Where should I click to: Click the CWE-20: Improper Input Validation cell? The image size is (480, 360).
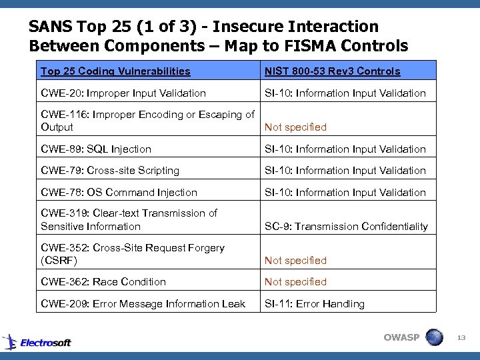[123, 93]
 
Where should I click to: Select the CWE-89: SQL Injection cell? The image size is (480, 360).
[96, 149]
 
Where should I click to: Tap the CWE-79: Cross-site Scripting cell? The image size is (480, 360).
[110, 171]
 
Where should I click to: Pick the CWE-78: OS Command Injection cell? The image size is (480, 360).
[119, 193]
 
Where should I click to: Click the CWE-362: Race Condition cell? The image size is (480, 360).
[103, 282]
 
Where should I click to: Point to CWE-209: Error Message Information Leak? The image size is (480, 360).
[143, 304]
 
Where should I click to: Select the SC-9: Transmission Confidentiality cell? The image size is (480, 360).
[346, 227]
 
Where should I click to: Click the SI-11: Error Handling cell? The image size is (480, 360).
[315, 304]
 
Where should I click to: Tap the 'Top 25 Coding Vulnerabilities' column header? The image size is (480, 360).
[115, 71]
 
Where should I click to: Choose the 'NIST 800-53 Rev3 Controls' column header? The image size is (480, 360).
[333, 71]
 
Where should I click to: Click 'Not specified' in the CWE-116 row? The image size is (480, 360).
[295, 127]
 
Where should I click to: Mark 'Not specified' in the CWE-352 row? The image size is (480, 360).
[295, 261]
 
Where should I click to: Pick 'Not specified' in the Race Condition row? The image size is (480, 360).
[295, 282]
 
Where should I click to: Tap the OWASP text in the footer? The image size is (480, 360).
[401, 337]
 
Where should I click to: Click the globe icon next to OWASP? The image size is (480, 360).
[434, 337]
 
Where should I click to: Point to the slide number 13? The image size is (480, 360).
[461, 339]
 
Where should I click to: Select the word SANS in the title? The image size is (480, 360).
[51, 27]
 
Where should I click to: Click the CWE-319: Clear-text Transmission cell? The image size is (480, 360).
[129, 220]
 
